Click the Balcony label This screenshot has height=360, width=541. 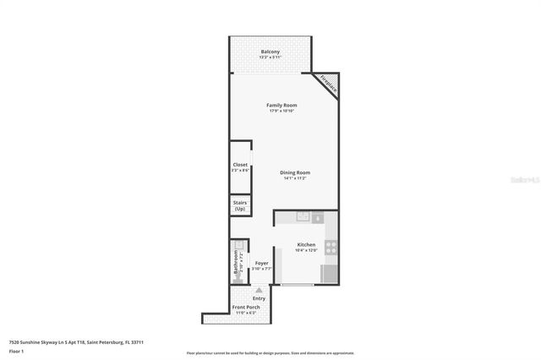270,52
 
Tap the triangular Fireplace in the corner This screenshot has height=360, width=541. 329,83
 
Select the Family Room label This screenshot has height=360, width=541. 281,105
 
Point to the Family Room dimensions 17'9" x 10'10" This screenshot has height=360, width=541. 281,111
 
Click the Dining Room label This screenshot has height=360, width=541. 296,172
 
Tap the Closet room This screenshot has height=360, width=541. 240,167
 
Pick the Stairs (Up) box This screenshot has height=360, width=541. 240,205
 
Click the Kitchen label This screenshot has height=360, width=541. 305,245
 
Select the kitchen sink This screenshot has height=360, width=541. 302,217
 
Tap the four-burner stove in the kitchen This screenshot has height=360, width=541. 331,248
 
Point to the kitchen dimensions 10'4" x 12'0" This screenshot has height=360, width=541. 305,251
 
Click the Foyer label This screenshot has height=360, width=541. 261,263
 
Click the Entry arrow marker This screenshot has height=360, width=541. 259,290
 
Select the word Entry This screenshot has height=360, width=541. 259,297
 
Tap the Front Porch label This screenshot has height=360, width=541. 246,307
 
